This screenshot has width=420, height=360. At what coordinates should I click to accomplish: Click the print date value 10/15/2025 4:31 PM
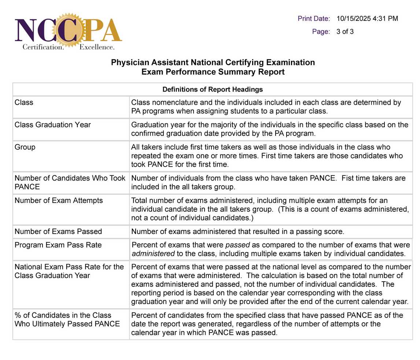(x=367, y=19)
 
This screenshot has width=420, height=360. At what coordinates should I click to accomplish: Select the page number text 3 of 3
(x=345, y=31)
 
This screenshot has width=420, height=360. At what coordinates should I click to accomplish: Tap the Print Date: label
(x=314, y=19)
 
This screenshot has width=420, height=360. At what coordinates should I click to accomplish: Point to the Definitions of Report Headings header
(x=213, y=89)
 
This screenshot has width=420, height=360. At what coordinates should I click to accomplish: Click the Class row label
(x=24, y=103)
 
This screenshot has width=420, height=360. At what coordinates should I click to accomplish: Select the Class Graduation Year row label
(x=53, y=125)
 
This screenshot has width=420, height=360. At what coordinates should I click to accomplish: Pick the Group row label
(x=25, y=147)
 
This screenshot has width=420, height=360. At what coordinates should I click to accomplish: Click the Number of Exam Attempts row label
(x=59, y=201)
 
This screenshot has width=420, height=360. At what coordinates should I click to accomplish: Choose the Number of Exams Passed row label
(x=58, y=231)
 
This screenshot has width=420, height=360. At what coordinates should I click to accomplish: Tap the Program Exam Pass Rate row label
(x=58, y=245)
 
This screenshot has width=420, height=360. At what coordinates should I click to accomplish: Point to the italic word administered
(x=153, y=254)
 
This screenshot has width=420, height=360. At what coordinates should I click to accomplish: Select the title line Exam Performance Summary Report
(x=213, y=72)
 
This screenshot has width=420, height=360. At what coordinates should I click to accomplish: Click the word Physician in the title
(x=130, y=63)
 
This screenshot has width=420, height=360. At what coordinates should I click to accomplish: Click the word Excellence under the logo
(x=97, y=47)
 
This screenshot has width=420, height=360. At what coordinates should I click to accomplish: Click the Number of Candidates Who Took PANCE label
(x=70, y=182)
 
